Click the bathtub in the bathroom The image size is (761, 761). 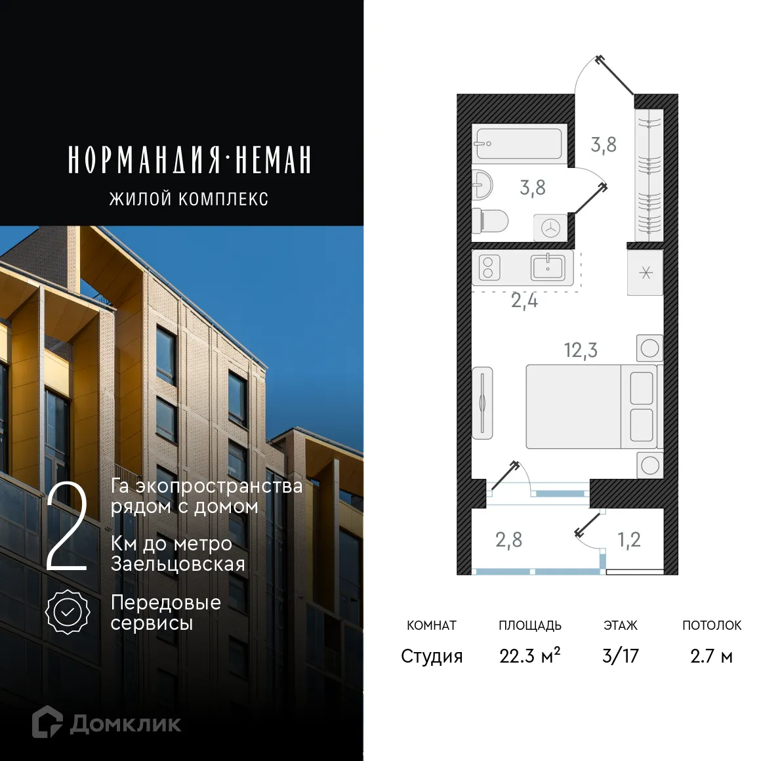pos(518,144)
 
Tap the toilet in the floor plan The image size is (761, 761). pos(490,220)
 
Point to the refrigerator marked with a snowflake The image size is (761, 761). pos(646,272)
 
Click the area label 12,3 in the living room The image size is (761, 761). pos(581,350)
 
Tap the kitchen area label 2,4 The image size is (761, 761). pos(524,301)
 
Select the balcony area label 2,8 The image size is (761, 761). pos(508,540)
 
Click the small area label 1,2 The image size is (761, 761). pos(628,540)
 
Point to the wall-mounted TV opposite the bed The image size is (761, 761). pos(482,402)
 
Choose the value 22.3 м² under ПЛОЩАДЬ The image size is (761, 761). pos(529,656)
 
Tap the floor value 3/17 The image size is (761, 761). pos(620,656)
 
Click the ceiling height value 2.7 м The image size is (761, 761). pos(711,656)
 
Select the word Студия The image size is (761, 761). pos(432,656)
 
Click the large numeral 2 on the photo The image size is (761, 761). pos(67,529)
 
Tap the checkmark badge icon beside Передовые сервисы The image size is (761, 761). pos(68,612)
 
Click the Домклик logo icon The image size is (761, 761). pos(47,722)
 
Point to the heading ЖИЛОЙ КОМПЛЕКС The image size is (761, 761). pos(189,199)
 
